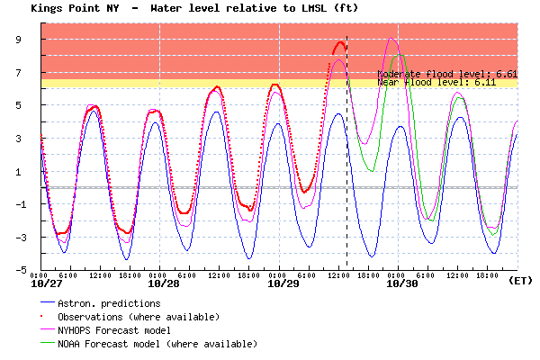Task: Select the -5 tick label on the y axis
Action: (27, 270)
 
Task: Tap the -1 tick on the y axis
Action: (27, 204)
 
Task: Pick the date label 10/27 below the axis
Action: (47, 283)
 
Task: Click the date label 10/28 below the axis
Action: (163, 283)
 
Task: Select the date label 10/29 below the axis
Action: (283, 283)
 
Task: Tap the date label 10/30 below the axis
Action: (401, 283)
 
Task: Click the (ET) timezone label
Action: (520, 280)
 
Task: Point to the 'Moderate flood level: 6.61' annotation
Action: (447, 73)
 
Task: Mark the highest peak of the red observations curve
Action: (340, 42)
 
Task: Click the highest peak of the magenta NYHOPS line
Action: (391, 39)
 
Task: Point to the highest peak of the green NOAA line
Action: (399, 54)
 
